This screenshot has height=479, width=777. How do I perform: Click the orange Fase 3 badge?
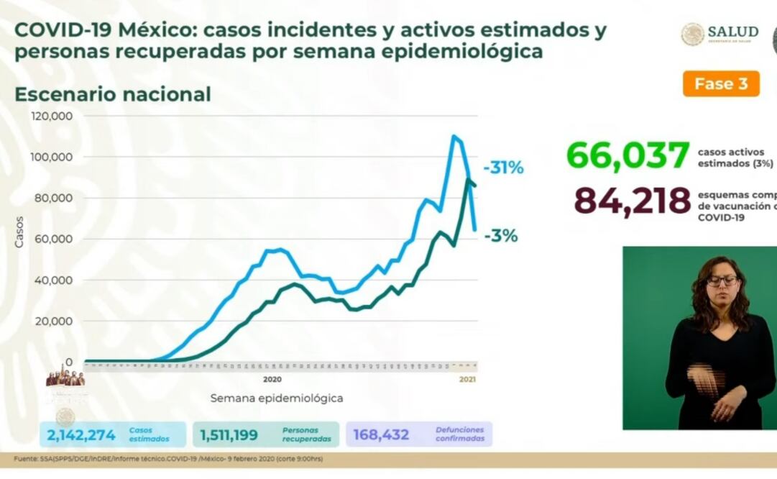pos(721,84)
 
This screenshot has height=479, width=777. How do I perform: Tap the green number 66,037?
pos(628,156)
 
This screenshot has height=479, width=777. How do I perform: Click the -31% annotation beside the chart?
pos(503,168)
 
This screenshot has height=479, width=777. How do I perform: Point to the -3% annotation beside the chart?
pos(501,236)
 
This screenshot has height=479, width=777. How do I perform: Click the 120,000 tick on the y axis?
pos(52,116)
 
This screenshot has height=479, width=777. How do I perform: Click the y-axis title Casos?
pos(19,232)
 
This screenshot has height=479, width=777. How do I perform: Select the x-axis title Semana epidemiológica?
pos(277,398)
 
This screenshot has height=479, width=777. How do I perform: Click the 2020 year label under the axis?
pos(272,379)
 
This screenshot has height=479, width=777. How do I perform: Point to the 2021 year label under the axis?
pos(467,379)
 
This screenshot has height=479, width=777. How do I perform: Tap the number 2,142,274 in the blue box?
pos(81,434)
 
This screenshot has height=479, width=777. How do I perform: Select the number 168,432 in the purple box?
pos(381,434)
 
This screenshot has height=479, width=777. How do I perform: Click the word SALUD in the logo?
pos(732,32)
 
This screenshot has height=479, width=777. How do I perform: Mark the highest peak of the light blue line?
pos(454,136)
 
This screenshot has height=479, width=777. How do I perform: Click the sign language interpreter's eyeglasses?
pos(722,280)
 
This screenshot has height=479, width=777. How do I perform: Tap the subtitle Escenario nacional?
pos(113,94)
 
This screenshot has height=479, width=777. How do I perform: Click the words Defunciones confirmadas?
pos(459,434)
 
